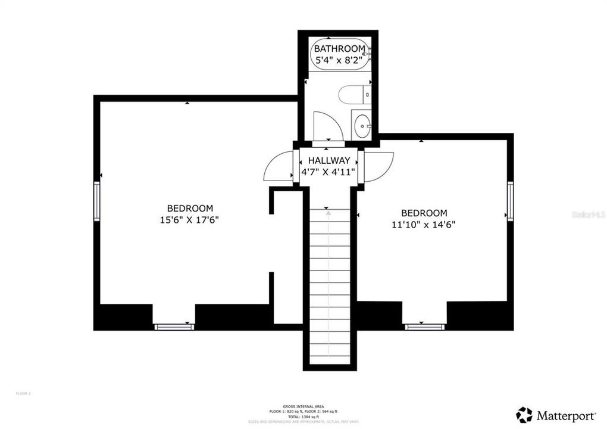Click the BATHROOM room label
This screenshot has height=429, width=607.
[339, 48]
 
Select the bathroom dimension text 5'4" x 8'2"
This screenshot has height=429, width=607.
[339, 60]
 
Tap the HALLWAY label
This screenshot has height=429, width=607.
[328, 160]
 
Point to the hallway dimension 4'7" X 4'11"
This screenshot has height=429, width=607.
[328, 172]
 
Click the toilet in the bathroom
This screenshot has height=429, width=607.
[353, 95]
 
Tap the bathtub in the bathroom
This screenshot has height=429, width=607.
[339, 55]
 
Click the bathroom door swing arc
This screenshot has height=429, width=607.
[328, 125]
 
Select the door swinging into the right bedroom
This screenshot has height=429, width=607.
[378, 166]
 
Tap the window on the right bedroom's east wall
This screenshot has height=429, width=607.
[510, 201]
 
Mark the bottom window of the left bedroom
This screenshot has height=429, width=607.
[174, 327]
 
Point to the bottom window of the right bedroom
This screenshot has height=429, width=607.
[425, 327]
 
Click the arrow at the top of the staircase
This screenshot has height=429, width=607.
[327, 209]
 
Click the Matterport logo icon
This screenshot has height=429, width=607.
[524, 414]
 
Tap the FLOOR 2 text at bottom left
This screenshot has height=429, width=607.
[23, 393]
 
